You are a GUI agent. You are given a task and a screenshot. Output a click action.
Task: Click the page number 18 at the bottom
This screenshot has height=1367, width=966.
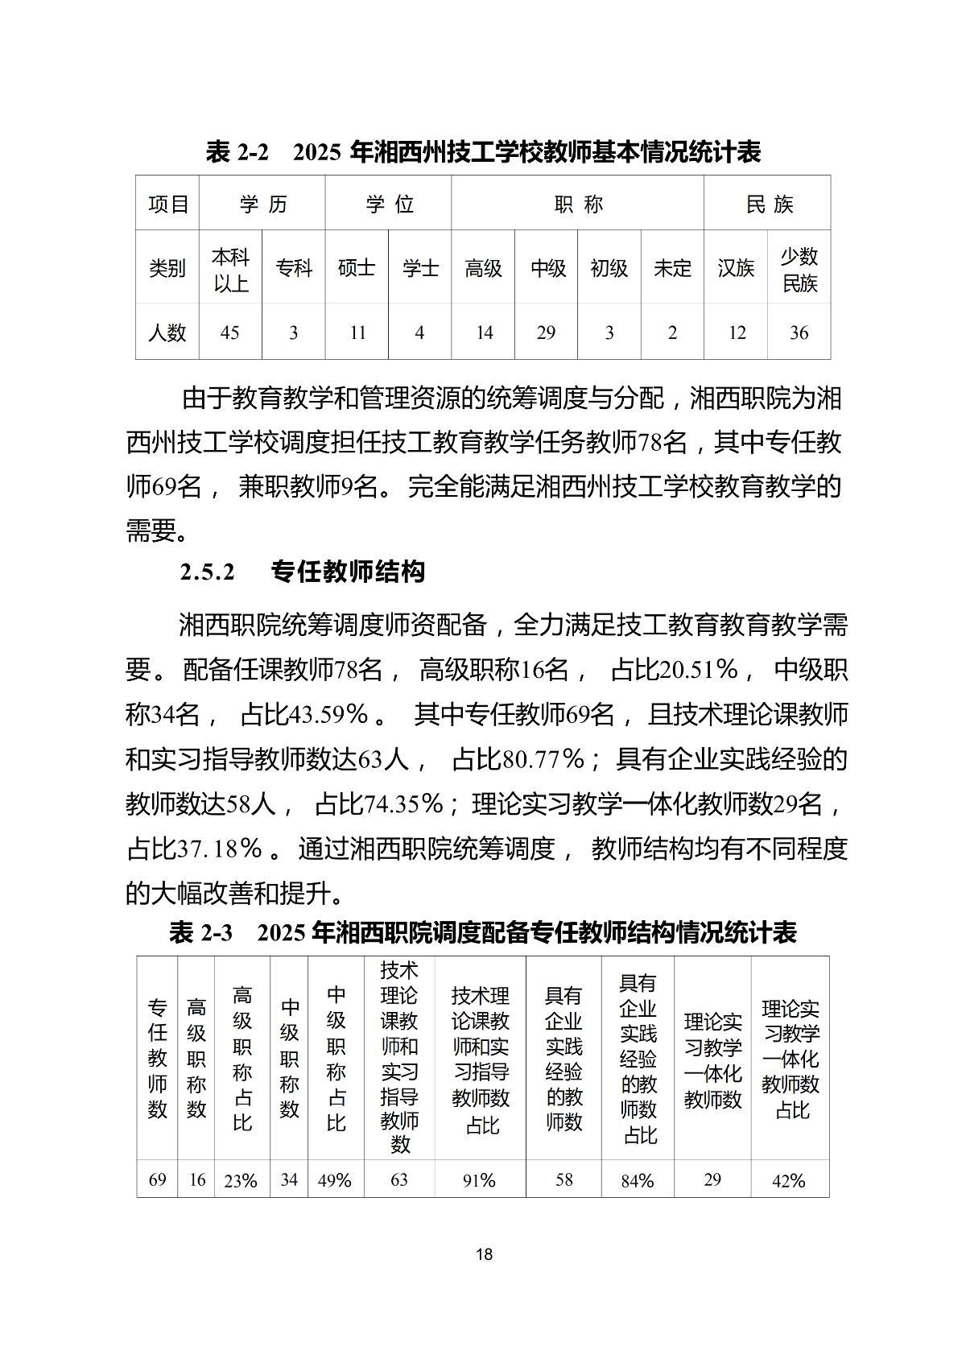coord(484,1254)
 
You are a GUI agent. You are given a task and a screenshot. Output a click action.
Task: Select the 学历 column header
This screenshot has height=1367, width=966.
coord(262,204)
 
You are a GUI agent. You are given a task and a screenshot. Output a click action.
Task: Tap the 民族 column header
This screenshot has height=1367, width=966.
coord(769,204)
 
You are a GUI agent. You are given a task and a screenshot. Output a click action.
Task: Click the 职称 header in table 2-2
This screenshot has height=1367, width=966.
coord(578,204)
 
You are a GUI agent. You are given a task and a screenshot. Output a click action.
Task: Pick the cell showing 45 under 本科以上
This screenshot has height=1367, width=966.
coord(230,332)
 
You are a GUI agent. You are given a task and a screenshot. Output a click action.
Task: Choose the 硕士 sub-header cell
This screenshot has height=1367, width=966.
coord(357,268)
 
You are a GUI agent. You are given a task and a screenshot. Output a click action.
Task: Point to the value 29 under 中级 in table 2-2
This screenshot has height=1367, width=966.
coord(546,332)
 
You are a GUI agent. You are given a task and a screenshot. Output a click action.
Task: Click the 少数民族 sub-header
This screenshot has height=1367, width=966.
coord(799,270)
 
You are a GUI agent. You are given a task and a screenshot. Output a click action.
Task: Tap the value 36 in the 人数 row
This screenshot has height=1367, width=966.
coord(799,332)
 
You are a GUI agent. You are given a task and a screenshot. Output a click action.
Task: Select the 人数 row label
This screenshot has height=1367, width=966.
coord(167,332)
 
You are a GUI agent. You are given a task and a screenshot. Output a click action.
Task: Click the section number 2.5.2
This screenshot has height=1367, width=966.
coord(208,572)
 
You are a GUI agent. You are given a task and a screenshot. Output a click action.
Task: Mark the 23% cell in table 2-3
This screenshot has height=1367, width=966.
coord(241,1181)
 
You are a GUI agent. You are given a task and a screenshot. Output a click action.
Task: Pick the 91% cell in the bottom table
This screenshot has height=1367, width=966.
coord(480,1181)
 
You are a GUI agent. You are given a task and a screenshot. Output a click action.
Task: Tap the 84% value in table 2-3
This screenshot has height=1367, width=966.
coord(638,1181)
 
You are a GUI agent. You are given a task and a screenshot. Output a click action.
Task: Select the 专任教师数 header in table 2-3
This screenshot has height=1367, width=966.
coord(158,1058)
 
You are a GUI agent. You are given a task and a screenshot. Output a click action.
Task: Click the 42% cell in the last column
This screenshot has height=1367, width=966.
coord(789,1181)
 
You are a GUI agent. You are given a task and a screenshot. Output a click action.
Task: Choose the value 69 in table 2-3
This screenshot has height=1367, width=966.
coord(158,1180)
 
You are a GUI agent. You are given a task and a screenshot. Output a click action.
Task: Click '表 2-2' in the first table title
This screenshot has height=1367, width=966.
coord(237,152)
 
